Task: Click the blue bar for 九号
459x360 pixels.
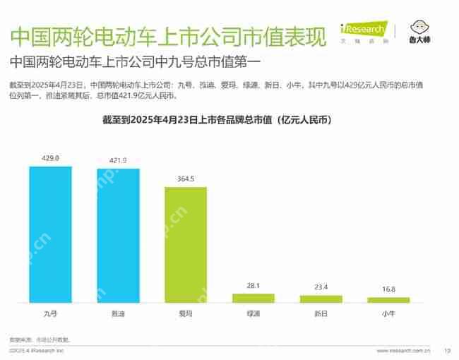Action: click(50, 234)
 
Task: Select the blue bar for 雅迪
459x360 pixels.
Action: click(118, 236)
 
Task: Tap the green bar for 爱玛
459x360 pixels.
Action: click(186, 245)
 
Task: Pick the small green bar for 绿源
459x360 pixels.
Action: click(254, 298)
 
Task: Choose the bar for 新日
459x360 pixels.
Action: click(321, 299)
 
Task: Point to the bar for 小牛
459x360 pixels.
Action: click(388, 300)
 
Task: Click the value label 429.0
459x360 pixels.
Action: click(50, 158)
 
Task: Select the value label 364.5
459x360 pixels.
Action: click(186, 179)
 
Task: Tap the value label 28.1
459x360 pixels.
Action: click(254, 286)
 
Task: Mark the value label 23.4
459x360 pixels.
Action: click(321, 287)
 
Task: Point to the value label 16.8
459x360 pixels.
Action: click(388, 289)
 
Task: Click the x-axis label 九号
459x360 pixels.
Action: click(50, 311)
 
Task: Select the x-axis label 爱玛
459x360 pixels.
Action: click(186, 311)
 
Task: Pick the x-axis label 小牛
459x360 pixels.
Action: click(388, 311)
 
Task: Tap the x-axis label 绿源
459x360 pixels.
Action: click(254, 311)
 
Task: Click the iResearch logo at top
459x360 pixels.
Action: click(363, 30)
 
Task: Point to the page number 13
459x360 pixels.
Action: click(446, 350)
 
